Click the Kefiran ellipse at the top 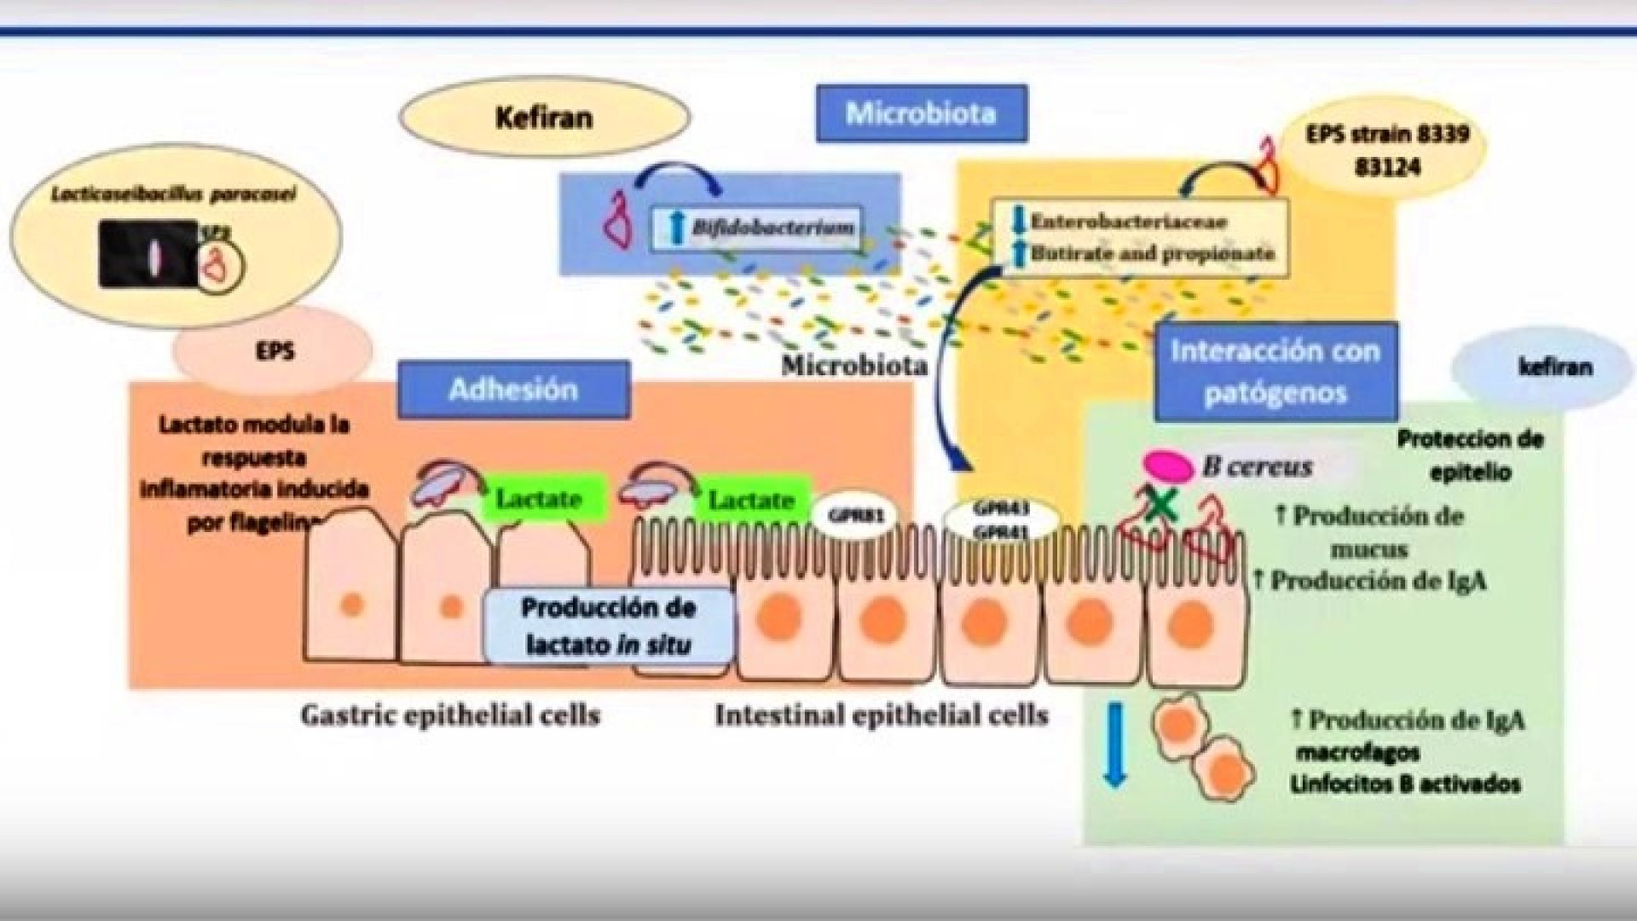[544, 118]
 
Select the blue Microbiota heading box [921, 113]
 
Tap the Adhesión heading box [513, 390]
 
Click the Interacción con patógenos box [1275, 372]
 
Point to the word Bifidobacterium [772, 228]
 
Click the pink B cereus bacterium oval [1168, 466]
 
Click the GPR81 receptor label [856, 515]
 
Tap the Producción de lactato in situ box [608, 626]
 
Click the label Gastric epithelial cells [450, 715]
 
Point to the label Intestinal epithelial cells [882, 715]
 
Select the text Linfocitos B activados [1406, 785]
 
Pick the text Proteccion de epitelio [1470, 455]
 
